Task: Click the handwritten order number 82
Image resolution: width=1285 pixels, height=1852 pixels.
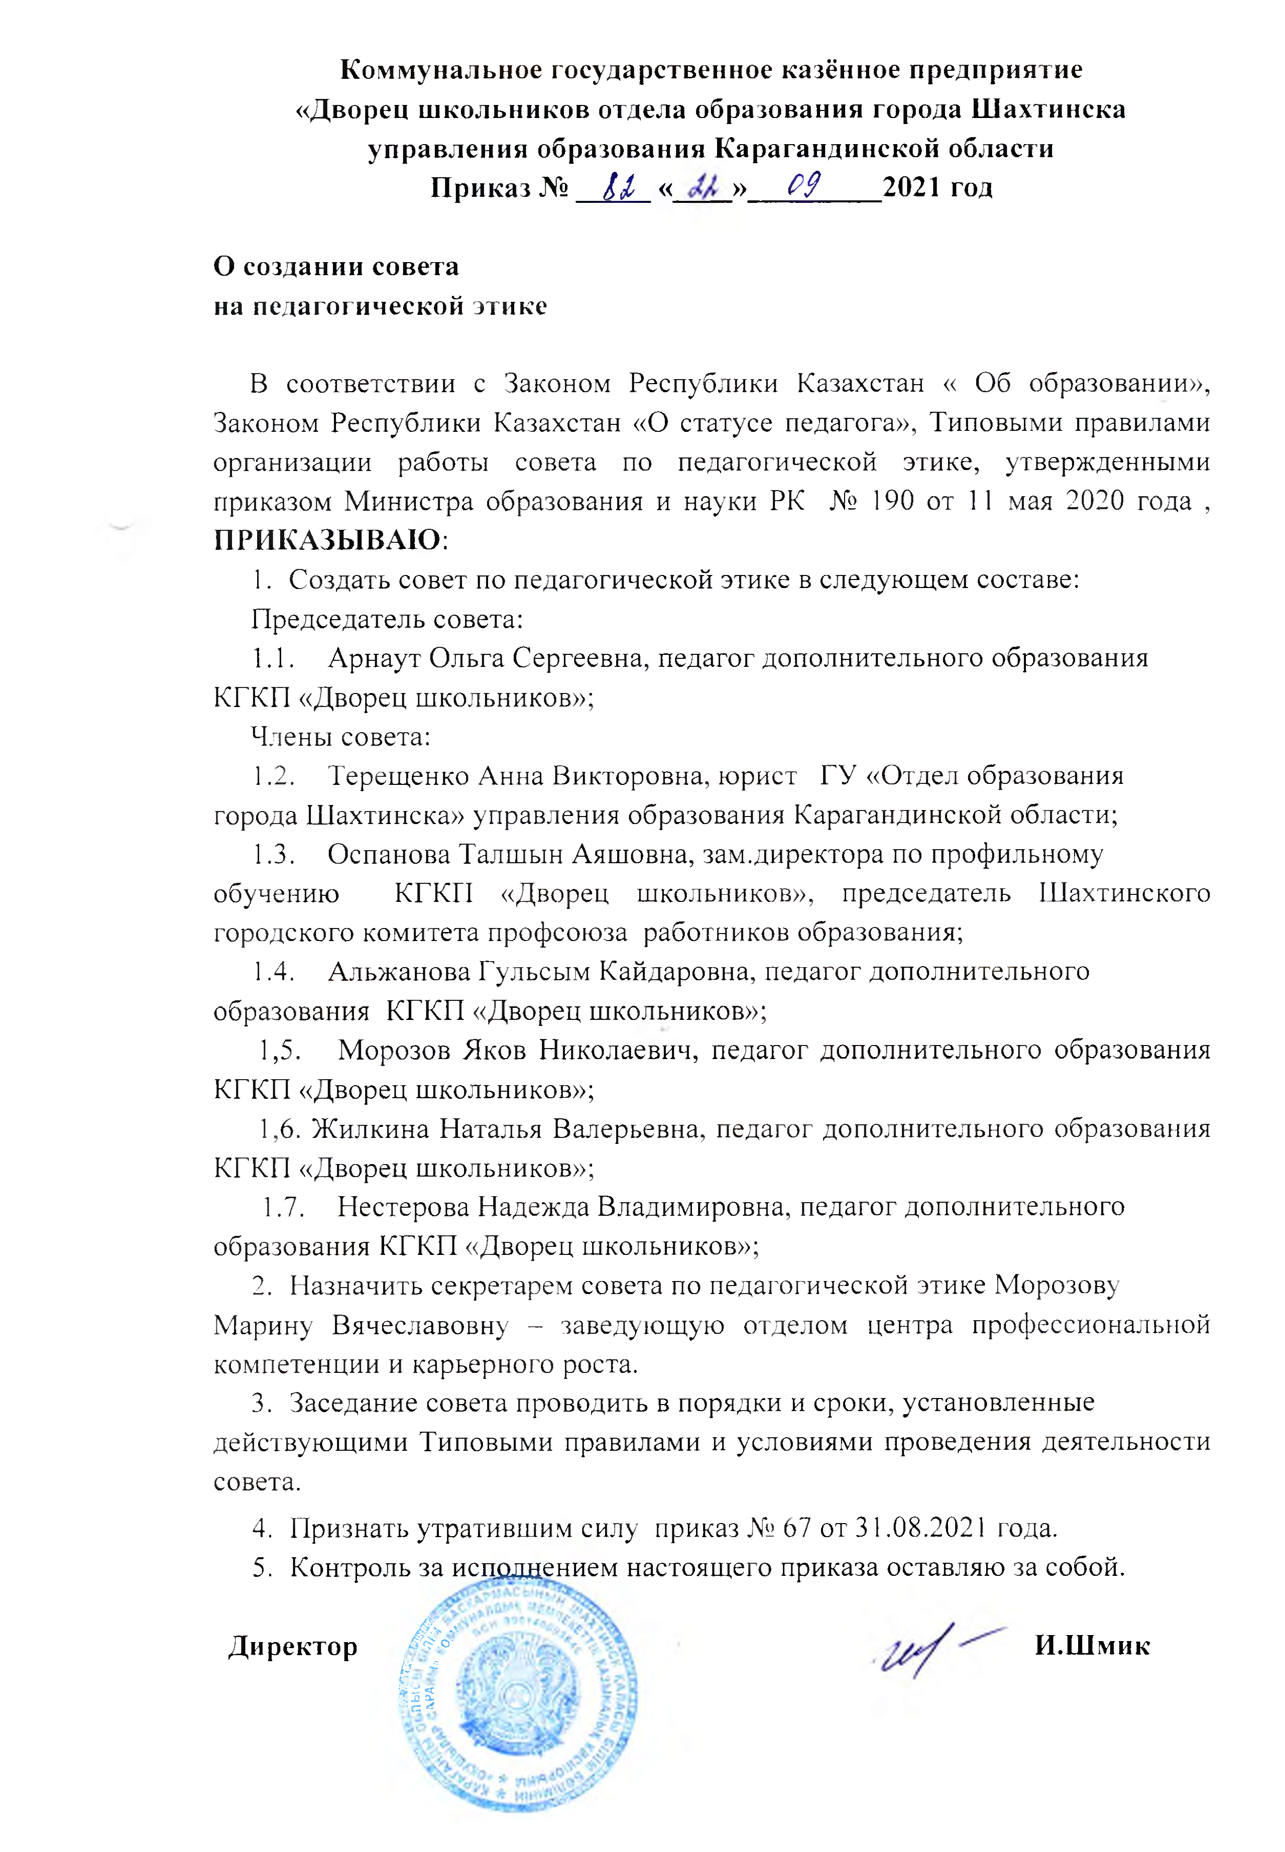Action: coord(614,188)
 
